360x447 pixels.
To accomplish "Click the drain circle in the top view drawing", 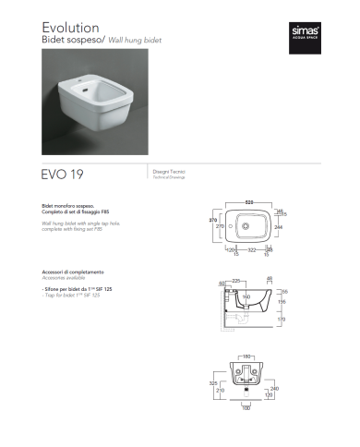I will coord(246,224).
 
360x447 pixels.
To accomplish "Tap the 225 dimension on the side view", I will coord(236,281).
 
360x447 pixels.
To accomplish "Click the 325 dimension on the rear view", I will coord(213,383).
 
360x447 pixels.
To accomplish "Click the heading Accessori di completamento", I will coord(72,272).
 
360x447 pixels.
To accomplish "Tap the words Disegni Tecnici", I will coord(164,171).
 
